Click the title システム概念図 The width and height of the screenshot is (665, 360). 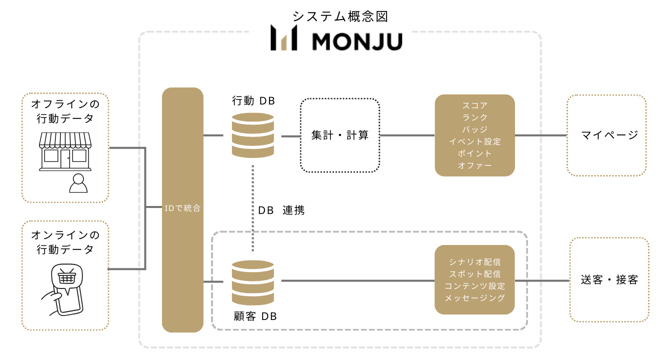pos(340,16)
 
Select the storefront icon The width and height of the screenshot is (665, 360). pos(65,151)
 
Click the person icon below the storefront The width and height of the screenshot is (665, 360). pos(78,183)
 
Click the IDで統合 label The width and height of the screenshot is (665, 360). pos(182,208)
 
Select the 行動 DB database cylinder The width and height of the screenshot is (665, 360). pos(253,135)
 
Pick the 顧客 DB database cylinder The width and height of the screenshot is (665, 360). pos(253,282)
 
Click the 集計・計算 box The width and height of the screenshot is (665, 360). pos(340,135)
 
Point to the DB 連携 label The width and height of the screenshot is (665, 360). pos(281,210)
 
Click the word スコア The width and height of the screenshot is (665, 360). pos(474,106)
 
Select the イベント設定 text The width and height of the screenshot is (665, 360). pos(474,141)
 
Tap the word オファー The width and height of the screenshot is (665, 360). pos(474,165)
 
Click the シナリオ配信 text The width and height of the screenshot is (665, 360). pos(474,262)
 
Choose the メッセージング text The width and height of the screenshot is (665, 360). pos(474,298)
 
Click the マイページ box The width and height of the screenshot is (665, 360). pos(606,135)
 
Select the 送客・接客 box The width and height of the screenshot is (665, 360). pos(609,279)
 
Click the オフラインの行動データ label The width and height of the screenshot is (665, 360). pos(65,111)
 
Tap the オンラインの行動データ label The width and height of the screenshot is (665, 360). pos(65,242)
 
